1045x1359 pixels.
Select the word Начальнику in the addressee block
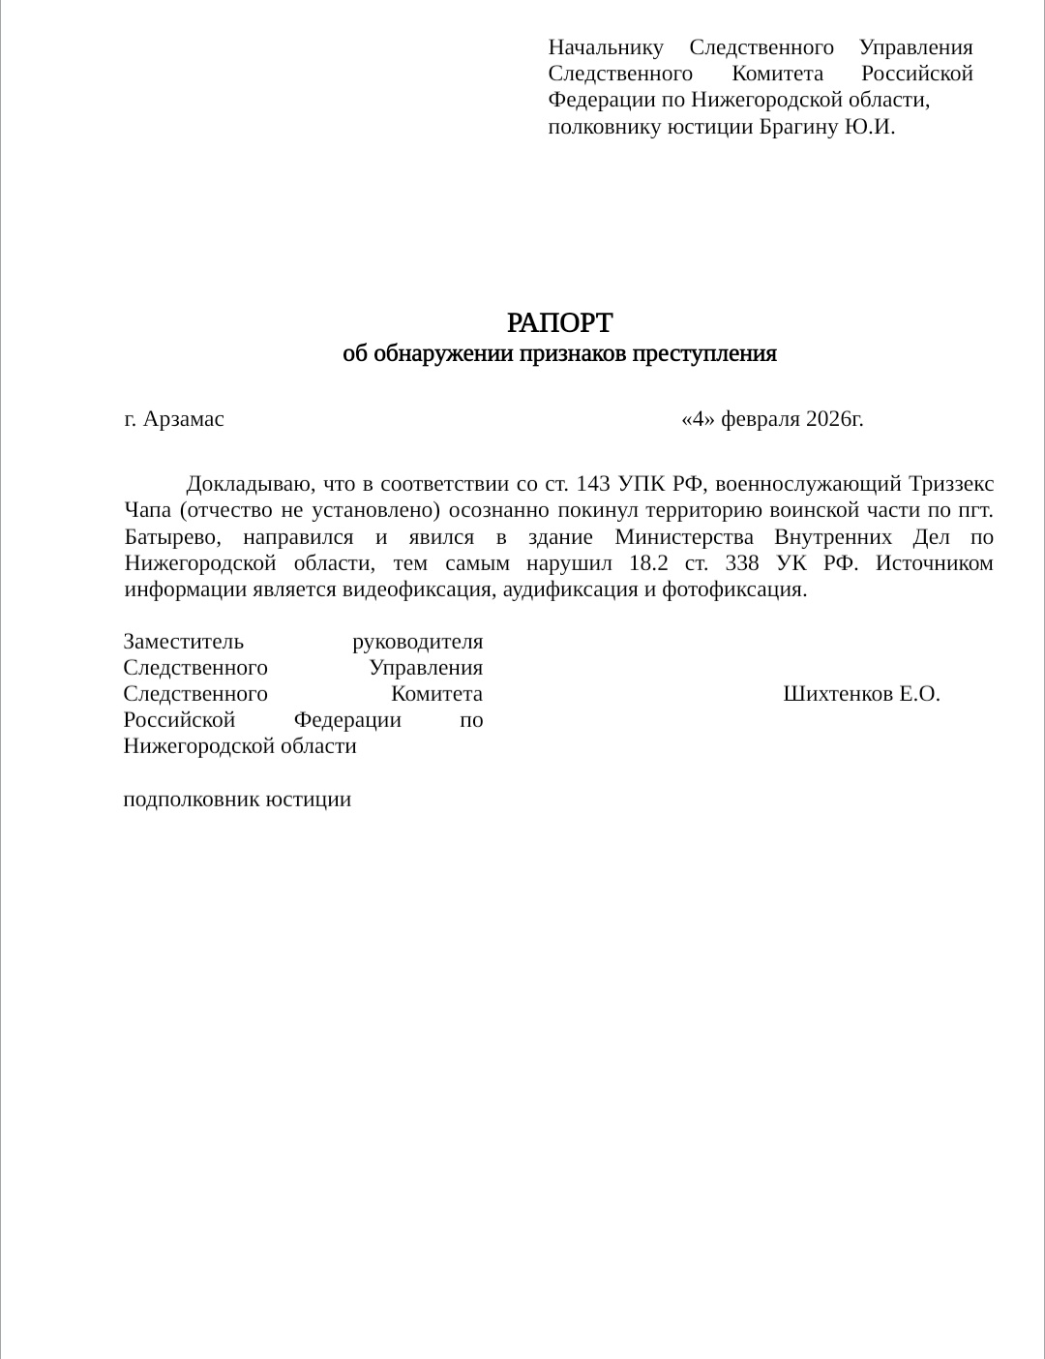[x=606, y=47]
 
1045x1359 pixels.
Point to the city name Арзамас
[x=184, y=419]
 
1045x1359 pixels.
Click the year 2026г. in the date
[x=834, y=419]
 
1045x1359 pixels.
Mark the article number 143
[x=593, y=484]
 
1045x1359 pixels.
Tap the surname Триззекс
[x=951, y=484]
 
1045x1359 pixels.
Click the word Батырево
[x=172, y=537]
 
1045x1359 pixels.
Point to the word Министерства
[x=684, y=537]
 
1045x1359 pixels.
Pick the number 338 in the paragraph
[x=742, y=563]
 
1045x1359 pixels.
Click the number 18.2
[x=648, y=563]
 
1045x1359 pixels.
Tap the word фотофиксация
[x=733, y=589]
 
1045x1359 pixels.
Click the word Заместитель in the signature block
[x=184, y=642]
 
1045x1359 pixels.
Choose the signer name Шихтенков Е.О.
[x=861, y=694]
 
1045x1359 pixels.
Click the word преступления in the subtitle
[x=703, y=354]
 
